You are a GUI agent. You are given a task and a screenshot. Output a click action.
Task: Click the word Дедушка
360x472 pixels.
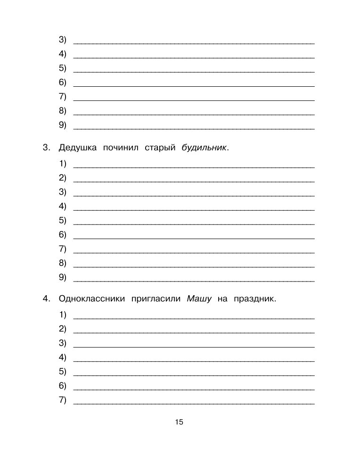tap(77, 148)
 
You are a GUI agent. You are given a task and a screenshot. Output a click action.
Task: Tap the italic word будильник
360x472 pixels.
tap(204, 148)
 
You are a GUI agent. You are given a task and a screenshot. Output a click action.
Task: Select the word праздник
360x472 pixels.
tap(254, 298)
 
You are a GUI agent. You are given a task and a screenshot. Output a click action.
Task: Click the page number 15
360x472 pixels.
tap(179, 422)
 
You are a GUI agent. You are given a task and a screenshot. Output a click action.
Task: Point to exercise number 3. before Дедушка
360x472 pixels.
tap(46, 148)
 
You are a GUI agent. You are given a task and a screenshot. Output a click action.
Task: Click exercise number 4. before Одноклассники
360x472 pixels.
tap(46, 298)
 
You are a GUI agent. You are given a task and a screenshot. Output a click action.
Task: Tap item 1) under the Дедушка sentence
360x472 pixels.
tap(63, 164)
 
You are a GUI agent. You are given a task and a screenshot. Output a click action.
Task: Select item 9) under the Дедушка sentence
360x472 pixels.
tap(63, 277)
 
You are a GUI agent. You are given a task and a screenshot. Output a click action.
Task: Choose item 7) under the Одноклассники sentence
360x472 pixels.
tap(63, 400)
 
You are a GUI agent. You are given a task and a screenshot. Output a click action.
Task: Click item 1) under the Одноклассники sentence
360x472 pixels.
tap(63, 315)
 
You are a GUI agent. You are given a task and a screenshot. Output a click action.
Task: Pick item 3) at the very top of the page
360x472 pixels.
tap(63, 40)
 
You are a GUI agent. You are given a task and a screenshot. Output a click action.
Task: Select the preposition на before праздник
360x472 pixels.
tap(222, 298)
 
